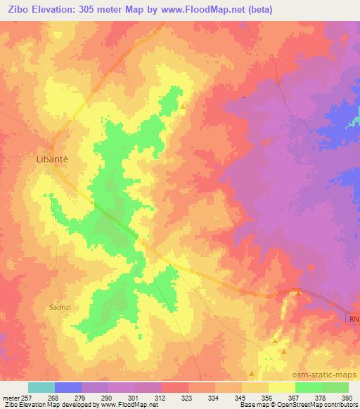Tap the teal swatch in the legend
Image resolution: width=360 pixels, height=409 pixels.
(x=41, y=387)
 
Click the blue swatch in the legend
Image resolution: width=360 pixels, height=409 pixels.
(x=68, y=387)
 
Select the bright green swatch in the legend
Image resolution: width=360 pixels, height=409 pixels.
(x=309, y=387)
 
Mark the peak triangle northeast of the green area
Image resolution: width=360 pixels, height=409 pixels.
(x=184, y=107)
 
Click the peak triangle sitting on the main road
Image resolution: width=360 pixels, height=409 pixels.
(x=297, y=293)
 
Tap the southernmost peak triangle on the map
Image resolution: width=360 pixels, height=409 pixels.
(x=251, y=374)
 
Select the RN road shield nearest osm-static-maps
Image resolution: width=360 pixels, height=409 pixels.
(x=353, y=319)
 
